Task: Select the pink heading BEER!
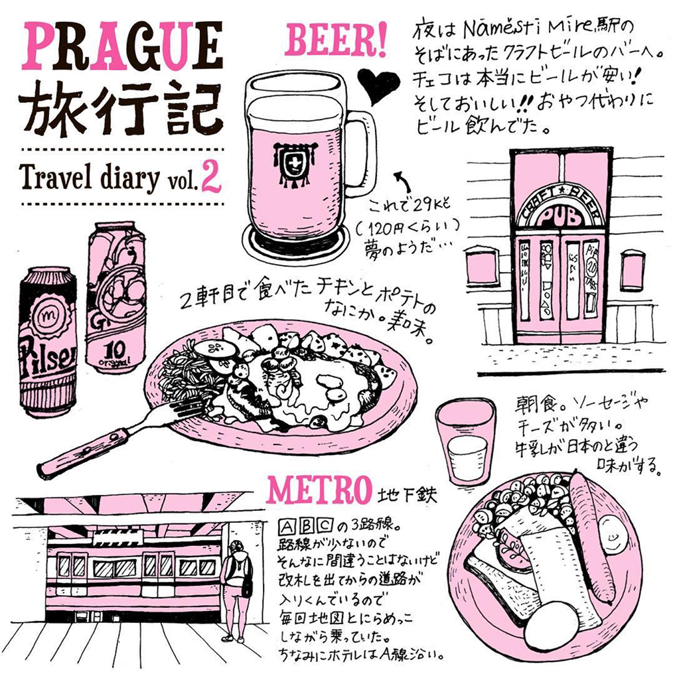coord(335,41)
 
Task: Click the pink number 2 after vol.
coord(212,176)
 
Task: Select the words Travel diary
coord(90,178)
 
